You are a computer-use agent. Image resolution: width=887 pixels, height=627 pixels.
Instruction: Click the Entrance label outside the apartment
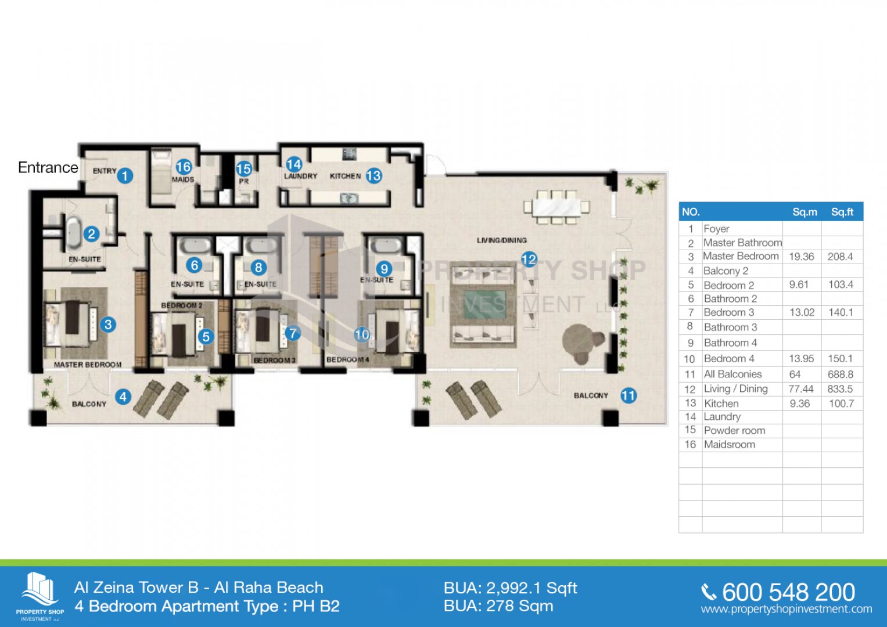click(48, 167)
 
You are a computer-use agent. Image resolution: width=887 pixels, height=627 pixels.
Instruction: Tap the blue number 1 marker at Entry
click(125, 175)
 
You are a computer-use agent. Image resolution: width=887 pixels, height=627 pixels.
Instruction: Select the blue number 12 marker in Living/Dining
click(529, 260)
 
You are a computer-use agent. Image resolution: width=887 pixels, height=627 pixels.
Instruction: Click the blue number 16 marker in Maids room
click(184, 167)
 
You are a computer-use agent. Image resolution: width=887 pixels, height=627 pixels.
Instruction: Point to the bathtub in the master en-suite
click(73, 233)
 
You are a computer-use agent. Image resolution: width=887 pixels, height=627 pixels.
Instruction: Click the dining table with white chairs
click(556, 207)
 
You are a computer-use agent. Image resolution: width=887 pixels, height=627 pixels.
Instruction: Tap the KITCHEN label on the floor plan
click(345, 176)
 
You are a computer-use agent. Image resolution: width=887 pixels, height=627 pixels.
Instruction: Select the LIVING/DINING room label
click(502, 240)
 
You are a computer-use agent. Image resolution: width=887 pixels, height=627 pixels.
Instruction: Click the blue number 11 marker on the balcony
click(629, 395)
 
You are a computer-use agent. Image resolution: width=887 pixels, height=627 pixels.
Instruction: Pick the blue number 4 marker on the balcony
click(123, 397)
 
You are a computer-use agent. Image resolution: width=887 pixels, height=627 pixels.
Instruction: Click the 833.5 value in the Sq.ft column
click(840, 389)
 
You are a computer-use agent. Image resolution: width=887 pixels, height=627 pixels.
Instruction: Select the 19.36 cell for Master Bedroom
click(802, 257)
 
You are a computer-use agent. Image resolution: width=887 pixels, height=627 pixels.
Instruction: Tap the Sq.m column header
click(805, 212)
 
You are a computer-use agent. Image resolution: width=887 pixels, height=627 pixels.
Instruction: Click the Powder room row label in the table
click(734, 430)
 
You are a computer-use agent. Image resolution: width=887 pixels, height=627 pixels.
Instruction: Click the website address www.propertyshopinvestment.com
click(787, 609)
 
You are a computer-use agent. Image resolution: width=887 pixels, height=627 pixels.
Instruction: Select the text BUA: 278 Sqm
click(498, 606)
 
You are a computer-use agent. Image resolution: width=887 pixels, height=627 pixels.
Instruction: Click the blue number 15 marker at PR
click(244, 169)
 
